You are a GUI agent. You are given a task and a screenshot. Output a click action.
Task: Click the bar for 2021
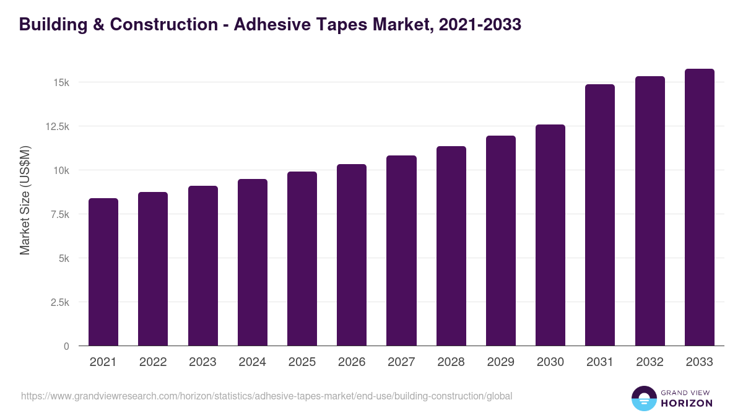pyautogui.click(x=103, y=272)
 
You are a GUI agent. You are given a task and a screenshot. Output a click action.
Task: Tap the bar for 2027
pyautogui.click(x=401, y=250)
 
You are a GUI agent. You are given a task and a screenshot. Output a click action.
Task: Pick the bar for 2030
pyautogui.click(x=550, y=235)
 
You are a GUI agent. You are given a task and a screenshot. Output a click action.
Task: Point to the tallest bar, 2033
pyautogui.click(x=699, y=207)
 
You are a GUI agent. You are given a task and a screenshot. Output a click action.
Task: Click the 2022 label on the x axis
pyautogui.click(x=153, y=362)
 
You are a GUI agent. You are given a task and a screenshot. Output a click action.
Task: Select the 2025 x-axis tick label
pyautogui.click(x=302, y=362)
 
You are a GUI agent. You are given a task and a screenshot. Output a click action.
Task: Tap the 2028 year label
pyautogui.click(x=451, y=362)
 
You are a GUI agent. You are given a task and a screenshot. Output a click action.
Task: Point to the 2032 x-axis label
pyautogui.click(x=650, y=362)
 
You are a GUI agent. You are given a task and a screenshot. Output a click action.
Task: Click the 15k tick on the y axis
pyautogui.click(x=60, y=82)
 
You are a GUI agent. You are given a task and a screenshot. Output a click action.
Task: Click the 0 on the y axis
pyautogui.click(x=66, y=346)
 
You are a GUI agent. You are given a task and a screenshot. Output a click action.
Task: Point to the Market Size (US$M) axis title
pyautogui.click(x=25, y=201)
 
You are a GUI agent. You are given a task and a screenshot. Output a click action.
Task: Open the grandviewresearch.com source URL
pyautogui.click(x=266, y=396)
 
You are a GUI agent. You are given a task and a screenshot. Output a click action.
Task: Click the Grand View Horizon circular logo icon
pyautogui.click(x=644, y=398)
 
